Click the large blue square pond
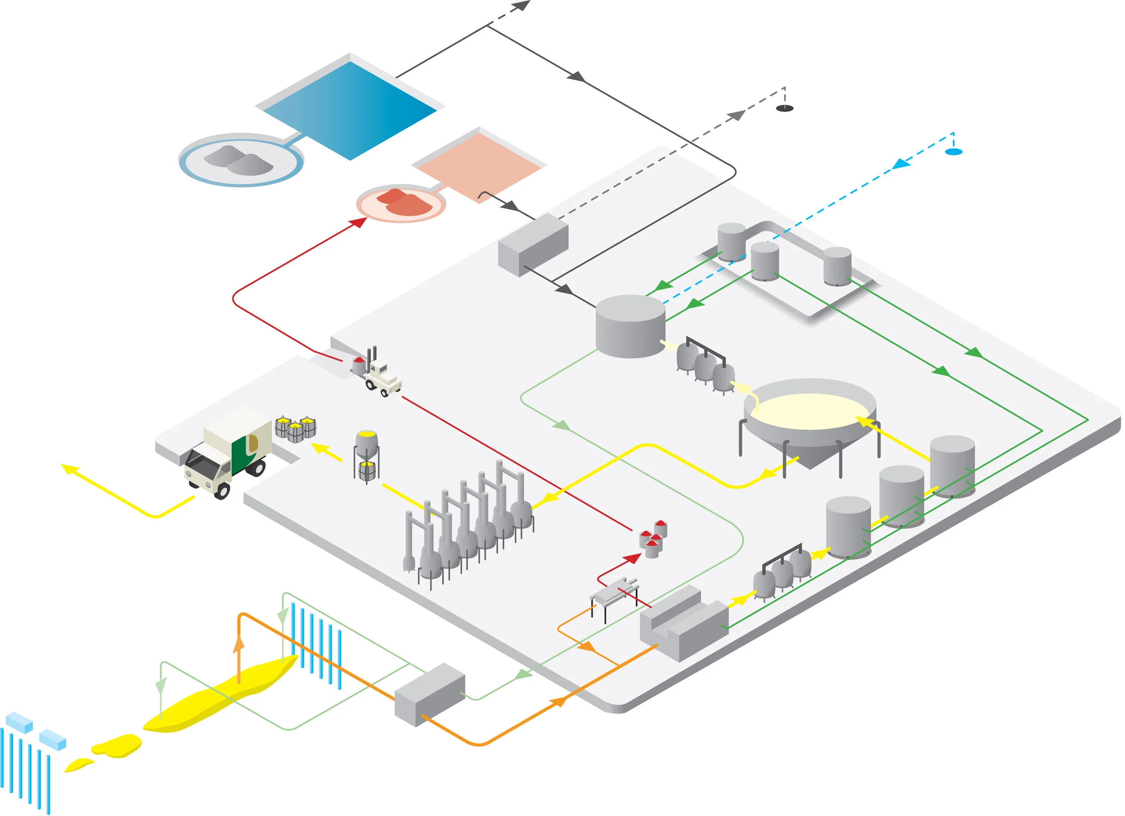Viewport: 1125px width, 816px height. click(x=350, y=109)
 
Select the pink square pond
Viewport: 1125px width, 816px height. click(x=479, y=166)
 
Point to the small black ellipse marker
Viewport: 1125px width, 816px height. click(x=784, y=108)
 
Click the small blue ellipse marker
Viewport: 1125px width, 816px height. click(x=954, y=152)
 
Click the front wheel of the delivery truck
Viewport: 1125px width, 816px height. click(x=221, y=491)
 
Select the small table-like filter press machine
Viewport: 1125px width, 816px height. click(x=614, y=595)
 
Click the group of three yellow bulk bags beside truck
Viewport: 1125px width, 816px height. click(x=296, y=428)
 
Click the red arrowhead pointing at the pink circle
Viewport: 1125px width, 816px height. click(x=358, y=223)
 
